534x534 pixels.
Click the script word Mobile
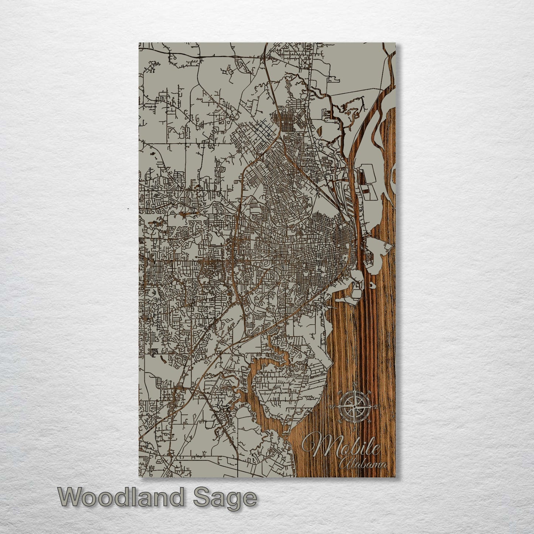[x=342, y=447]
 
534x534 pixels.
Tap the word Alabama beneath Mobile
[x=364, y=464]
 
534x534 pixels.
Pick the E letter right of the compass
[x=376, y=407]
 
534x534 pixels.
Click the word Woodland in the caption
[x=120, y=497]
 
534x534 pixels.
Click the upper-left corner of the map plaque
[x=139, y=43]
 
